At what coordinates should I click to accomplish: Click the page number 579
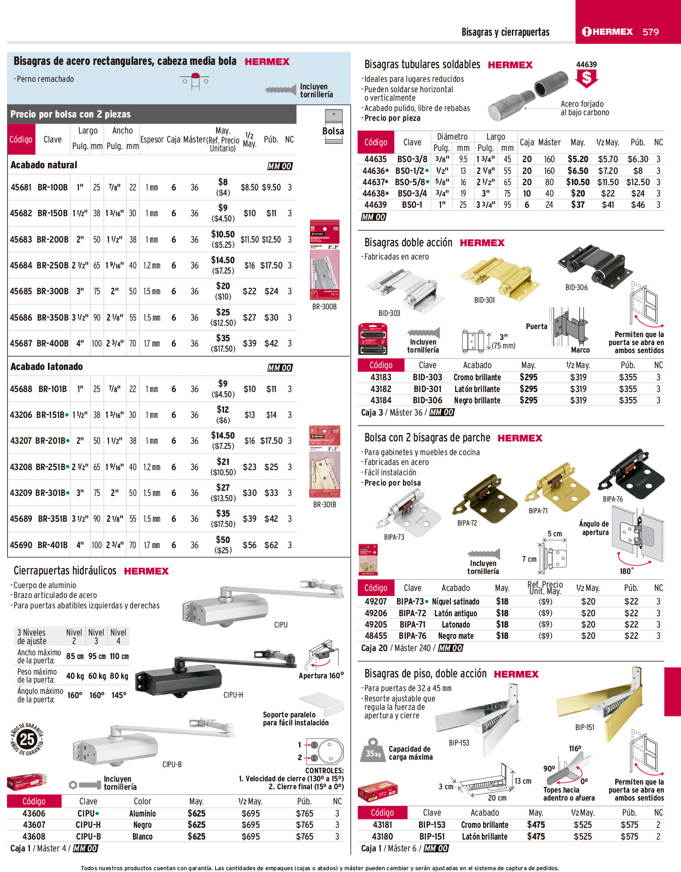click(x=650, y=32)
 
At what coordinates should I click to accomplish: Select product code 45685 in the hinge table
click(x=21, y=291)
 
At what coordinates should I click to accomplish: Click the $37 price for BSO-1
click(x=578, y=205)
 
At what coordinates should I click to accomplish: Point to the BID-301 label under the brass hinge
click(x=484, y=300)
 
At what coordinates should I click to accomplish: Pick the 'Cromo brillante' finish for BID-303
click(x=477, y=377)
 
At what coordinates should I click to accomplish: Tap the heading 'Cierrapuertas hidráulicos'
click(x=65, y=571)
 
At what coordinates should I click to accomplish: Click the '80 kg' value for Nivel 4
click(x=119, y=676)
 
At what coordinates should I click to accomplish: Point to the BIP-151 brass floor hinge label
click(x=585, y=727)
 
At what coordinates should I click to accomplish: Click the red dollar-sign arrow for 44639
click(x=587, y=78)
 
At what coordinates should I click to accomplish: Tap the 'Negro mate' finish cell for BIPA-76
click(x=456, y=636)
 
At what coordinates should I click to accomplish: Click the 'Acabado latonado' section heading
click(x=46, y=367)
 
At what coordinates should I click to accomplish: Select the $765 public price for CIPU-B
click(x=304, y=837)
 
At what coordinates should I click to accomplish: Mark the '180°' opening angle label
click(x=626, y=571)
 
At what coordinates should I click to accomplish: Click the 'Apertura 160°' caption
click(x=321, y=676)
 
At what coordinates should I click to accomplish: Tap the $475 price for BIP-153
click(x=536, y=825)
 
